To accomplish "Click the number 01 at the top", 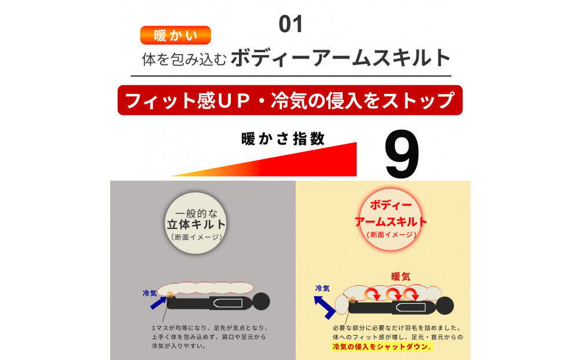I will (291, 24).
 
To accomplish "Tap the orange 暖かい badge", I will (175, 35).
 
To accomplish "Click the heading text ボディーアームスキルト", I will (340, 59).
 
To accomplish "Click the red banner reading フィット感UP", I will (290, 100).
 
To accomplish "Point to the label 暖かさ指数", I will (282, 140).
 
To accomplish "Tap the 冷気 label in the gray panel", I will (150, 293).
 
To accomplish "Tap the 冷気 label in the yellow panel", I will (322, 288).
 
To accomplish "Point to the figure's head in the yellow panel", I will (445, 306).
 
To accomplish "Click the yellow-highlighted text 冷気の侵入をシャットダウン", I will (382, 347).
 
